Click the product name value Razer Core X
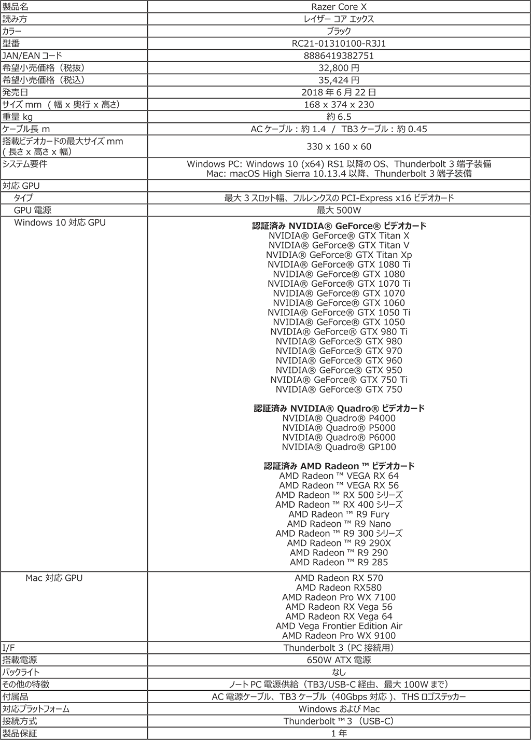point(339,7)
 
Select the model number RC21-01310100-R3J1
point(339,44)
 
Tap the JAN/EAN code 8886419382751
point(339,55)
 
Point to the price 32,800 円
point(339,68)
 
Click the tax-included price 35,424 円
point(339,80)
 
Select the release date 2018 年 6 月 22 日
point(339,92)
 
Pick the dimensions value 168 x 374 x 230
point(339,105)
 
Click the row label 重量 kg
point(18,117)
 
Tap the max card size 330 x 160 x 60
point(339,147)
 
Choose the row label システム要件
point(25,164)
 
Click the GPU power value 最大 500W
point(339,210)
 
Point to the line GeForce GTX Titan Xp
point(339,255)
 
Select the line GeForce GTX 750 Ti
point(339,380)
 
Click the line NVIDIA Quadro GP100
point(339,447)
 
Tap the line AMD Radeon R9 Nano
point(339,524)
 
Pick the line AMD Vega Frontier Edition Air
point(339,626)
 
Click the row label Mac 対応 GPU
point(54,578)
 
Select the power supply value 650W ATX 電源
point(339,660)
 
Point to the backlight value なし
point(339,672)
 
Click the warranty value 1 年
point(339,733)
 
